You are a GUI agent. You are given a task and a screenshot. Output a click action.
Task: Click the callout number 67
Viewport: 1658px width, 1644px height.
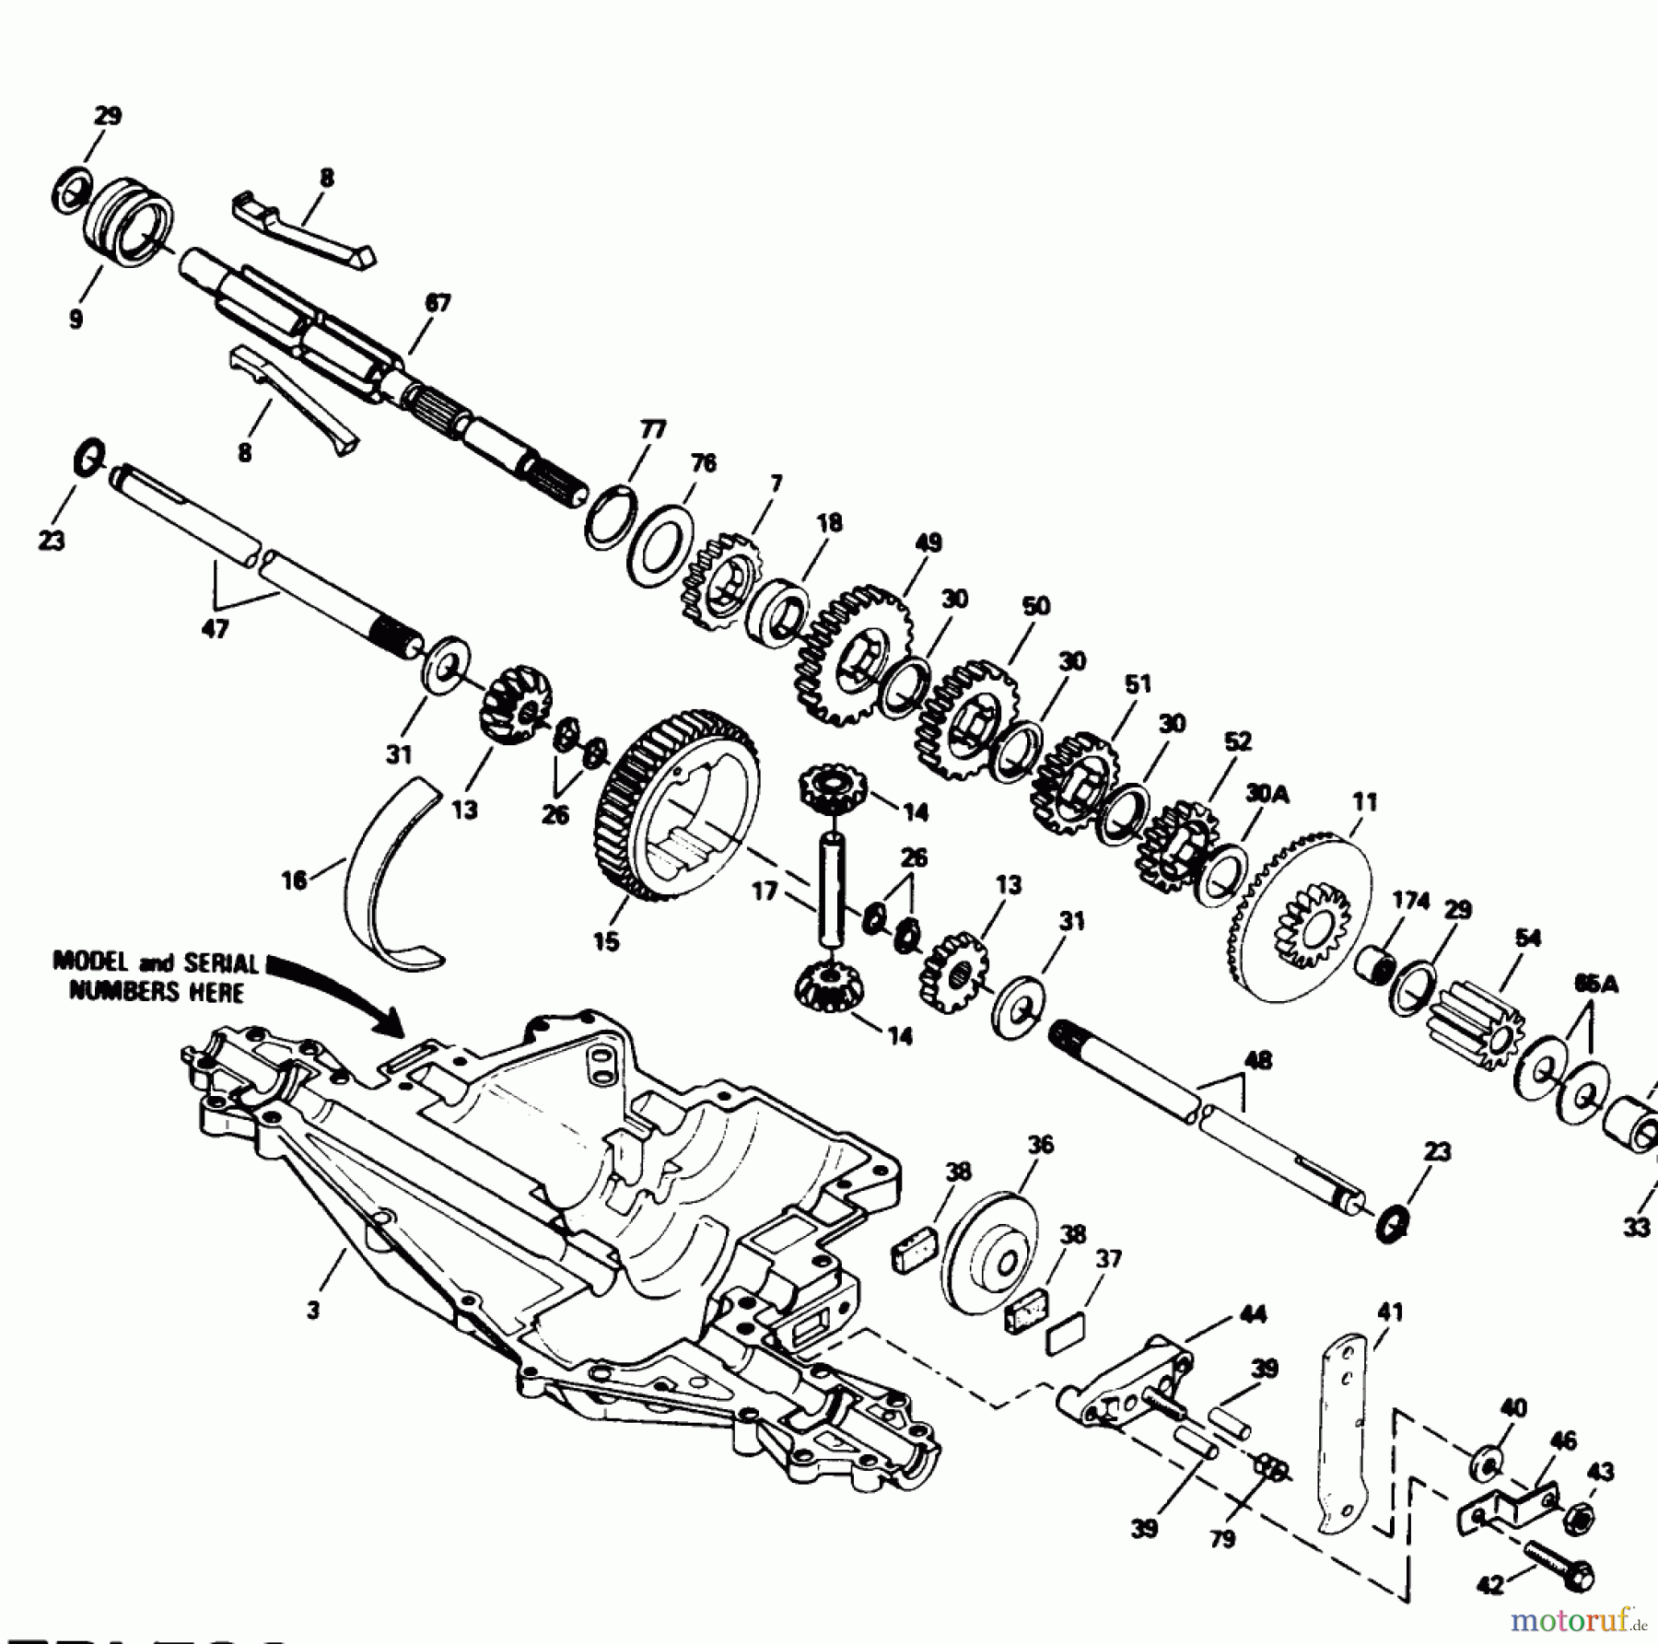(438, 302)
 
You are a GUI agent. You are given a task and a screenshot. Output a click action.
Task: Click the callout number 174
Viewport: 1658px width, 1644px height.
(1410, 901)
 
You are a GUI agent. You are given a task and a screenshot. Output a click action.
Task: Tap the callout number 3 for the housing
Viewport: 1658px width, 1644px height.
(313, 1310)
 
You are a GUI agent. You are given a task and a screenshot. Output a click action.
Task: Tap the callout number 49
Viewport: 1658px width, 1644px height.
(928, 542)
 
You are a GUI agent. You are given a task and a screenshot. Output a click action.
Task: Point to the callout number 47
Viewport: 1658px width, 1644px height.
(215, 630)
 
